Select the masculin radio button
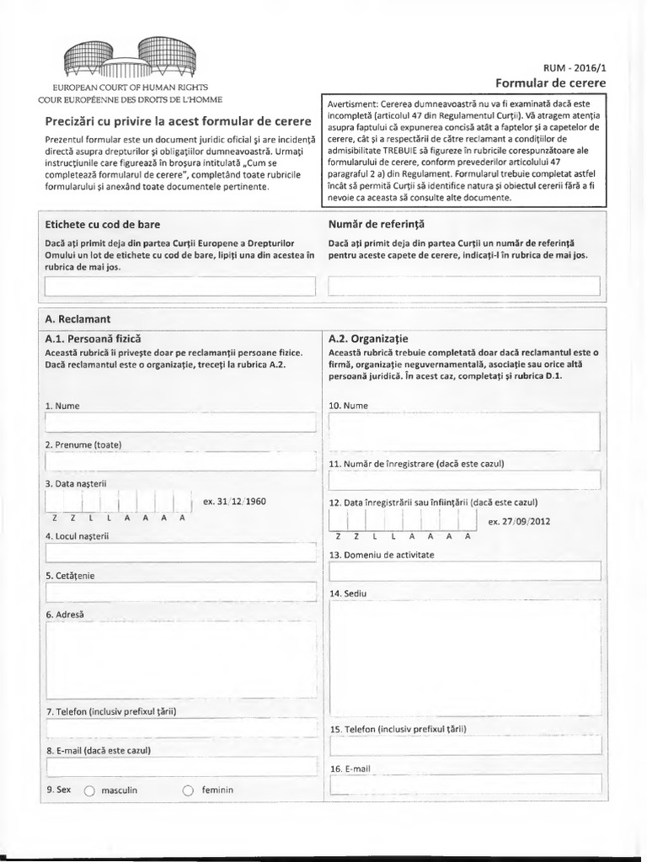pos(90,791)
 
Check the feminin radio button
pos(188,791)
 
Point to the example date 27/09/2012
pos(519,521)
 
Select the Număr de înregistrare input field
pos(464,480)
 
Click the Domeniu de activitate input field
pos(464,571)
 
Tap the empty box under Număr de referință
pos(464,286)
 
